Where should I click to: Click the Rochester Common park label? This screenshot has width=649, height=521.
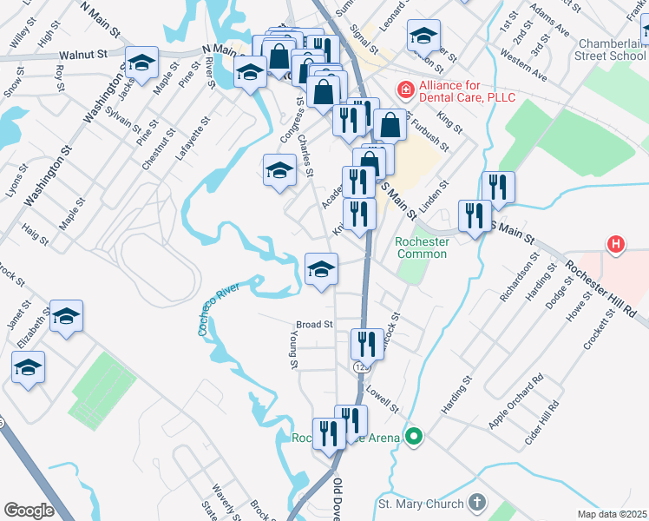(x=421, y=247)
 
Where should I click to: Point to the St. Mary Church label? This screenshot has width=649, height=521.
(x=422, y=503)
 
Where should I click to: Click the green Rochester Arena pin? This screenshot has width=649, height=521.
(x=415, y=437)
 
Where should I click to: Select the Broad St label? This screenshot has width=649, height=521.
(x=314, y=325)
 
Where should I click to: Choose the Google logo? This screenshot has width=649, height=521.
(x=29, y=511)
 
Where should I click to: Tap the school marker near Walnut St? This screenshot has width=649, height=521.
(x=142, y=63)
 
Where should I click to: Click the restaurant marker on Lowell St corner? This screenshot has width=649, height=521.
(x=366, y=345)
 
